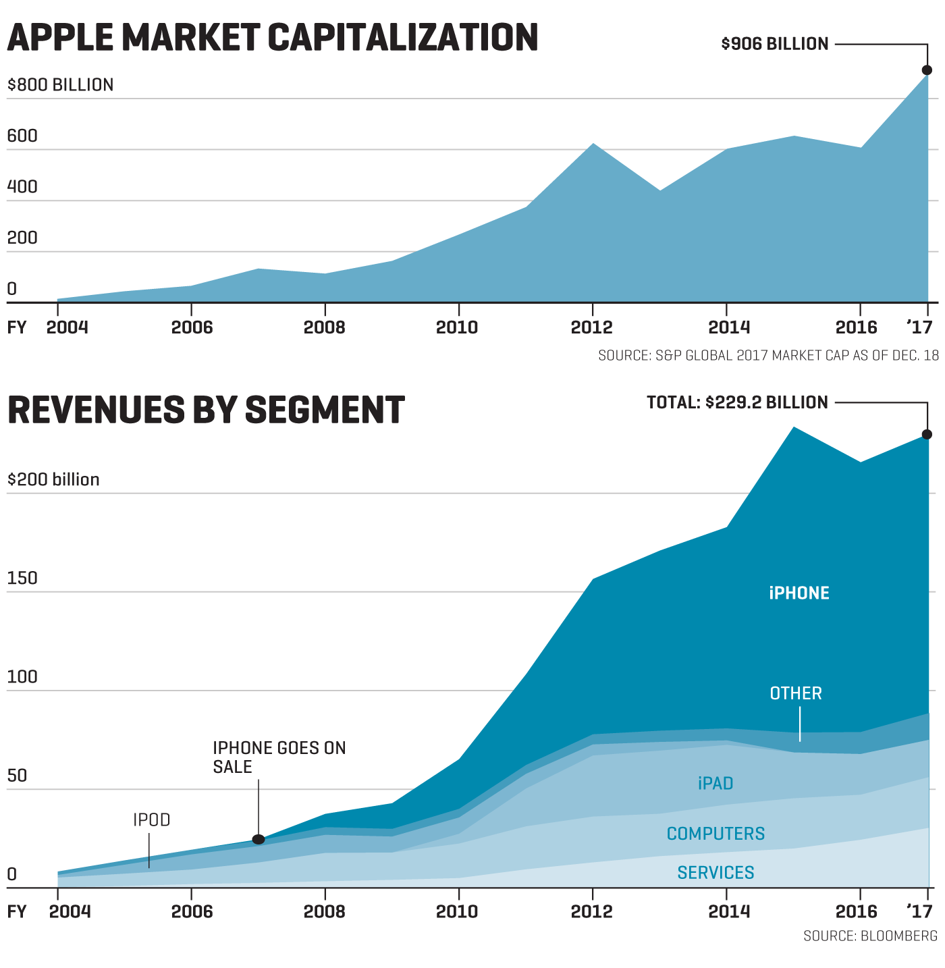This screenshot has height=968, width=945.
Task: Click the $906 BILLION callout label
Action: point(774,45)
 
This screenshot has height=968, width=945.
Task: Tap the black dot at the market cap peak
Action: point(927,70)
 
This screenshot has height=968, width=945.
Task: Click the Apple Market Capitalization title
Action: point(272,38)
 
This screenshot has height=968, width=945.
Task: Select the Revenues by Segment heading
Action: point(206,410)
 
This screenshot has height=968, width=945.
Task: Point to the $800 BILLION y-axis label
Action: point(60,85)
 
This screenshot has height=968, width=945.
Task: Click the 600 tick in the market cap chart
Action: point(22,136)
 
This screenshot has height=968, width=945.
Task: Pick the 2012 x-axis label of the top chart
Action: point(591,328)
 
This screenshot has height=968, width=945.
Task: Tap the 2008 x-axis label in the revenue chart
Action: point(324,912)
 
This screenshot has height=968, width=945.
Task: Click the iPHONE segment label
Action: point(799,593)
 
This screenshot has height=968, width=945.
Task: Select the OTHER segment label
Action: point(796,694)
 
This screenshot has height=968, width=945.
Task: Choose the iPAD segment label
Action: point(715,784)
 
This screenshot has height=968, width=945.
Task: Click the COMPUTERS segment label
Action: point(715,834)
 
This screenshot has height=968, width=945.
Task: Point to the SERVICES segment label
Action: point(715,873)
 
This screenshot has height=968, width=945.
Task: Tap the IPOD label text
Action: point(151,821)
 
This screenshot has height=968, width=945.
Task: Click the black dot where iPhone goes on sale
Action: point(259,840)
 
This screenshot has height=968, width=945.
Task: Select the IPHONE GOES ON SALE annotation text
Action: point(279,757)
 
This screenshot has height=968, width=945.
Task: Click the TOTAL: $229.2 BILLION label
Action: point(737,403)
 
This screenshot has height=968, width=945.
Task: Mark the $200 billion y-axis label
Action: point(53,480)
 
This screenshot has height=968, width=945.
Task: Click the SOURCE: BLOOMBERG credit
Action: point(870,936)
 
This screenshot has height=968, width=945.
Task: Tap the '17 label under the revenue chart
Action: point(919,912)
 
